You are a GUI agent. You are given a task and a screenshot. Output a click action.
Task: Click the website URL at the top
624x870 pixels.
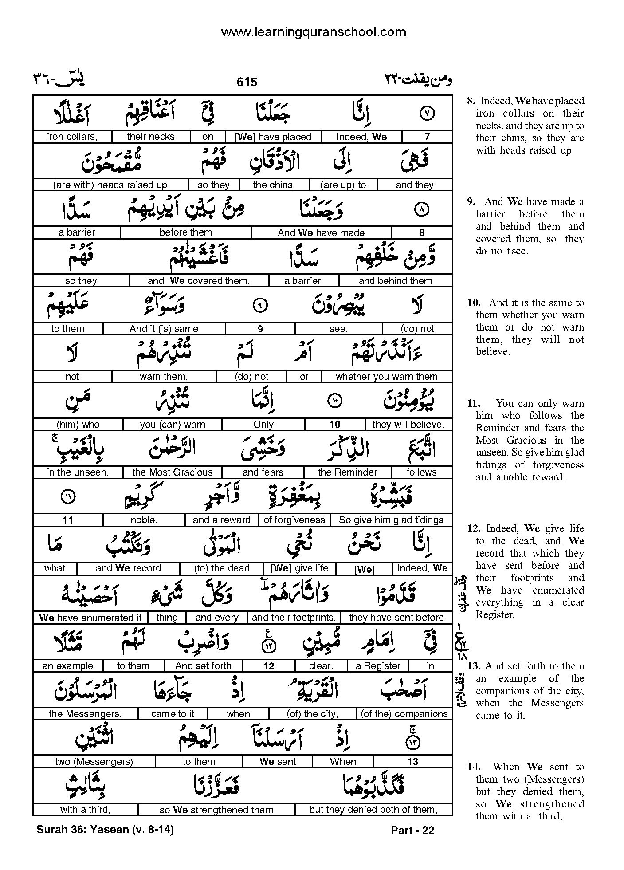313,32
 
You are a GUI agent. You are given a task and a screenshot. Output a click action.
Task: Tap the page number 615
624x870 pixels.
247,82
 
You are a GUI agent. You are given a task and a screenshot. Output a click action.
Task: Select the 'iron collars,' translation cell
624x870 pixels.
72,137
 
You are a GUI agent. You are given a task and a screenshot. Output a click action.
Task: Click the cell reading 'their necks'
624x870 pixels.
150,137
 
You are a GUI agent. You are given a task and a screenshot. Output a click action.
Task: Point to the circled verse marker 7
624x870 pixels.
427,113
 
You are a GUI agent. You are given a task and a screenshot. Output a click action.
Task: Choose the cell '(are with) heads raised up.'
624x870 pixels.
111,185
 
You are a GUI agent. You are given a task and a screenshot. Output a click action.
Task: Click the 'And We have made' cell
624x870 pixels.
321,232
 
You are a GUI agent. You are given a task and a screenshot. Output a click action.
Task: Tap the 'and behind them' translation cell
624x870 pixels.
395,280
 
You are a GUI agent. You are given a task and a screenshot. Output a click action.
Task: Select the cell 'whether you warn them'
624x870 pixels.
386,377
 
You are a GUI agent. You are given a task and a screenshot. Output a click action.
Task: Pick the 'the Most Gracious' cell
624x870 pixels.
172,472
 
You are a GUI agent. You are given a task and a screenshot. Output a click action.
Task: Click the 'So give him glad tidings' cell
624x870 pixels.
391,520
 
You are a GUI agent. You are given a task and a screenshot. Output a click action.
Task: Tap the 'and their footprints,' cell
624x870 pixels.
293,618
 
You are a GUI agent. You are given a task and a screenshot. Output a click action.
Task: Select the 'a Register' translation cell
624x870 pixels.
378,666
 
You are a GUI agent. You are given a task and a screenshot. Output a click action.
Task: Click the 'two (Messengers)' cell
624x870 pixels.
94,762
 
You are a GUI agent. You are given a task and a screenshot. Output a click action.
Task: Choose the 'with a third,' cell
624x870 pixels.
85,810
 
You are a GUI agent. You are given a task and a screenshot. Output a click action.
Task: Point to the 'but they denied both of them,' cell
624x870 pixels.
373,810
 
